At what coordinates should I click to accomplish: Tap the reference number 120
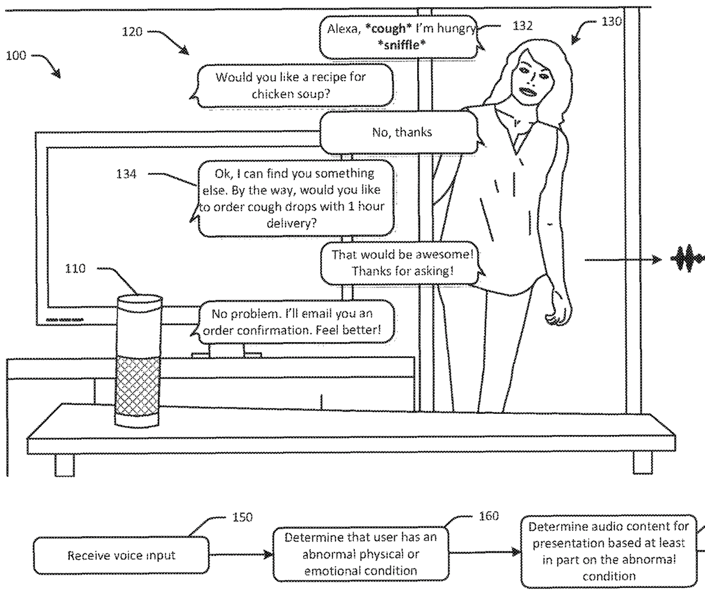(x=132, y=32)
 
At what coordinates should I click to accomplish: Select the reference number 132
(x=522, y=26)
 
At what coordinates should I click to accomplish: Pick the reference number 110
(x=75, y=269)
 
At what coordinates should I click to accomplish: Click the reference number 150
(x=242, y=517)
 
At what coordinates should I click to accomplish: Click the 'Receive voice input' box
(x=121, y=555)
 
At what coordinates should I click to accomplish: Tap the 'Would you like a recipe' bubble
(x=294, y=85)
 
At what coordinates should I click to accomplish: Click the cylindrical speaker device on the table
(x=137, y=362)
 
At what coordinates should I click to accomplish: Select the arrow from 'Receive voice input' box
(x=241, y=554)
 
